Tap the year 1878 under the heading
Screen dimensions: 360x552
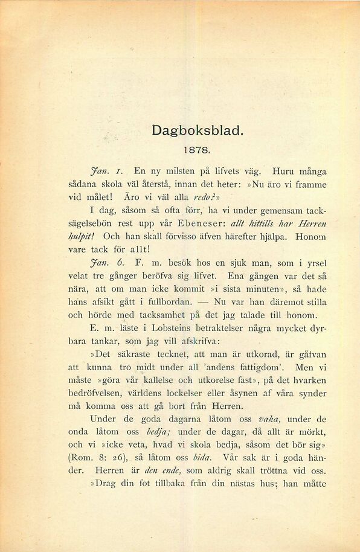point(197,147)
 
